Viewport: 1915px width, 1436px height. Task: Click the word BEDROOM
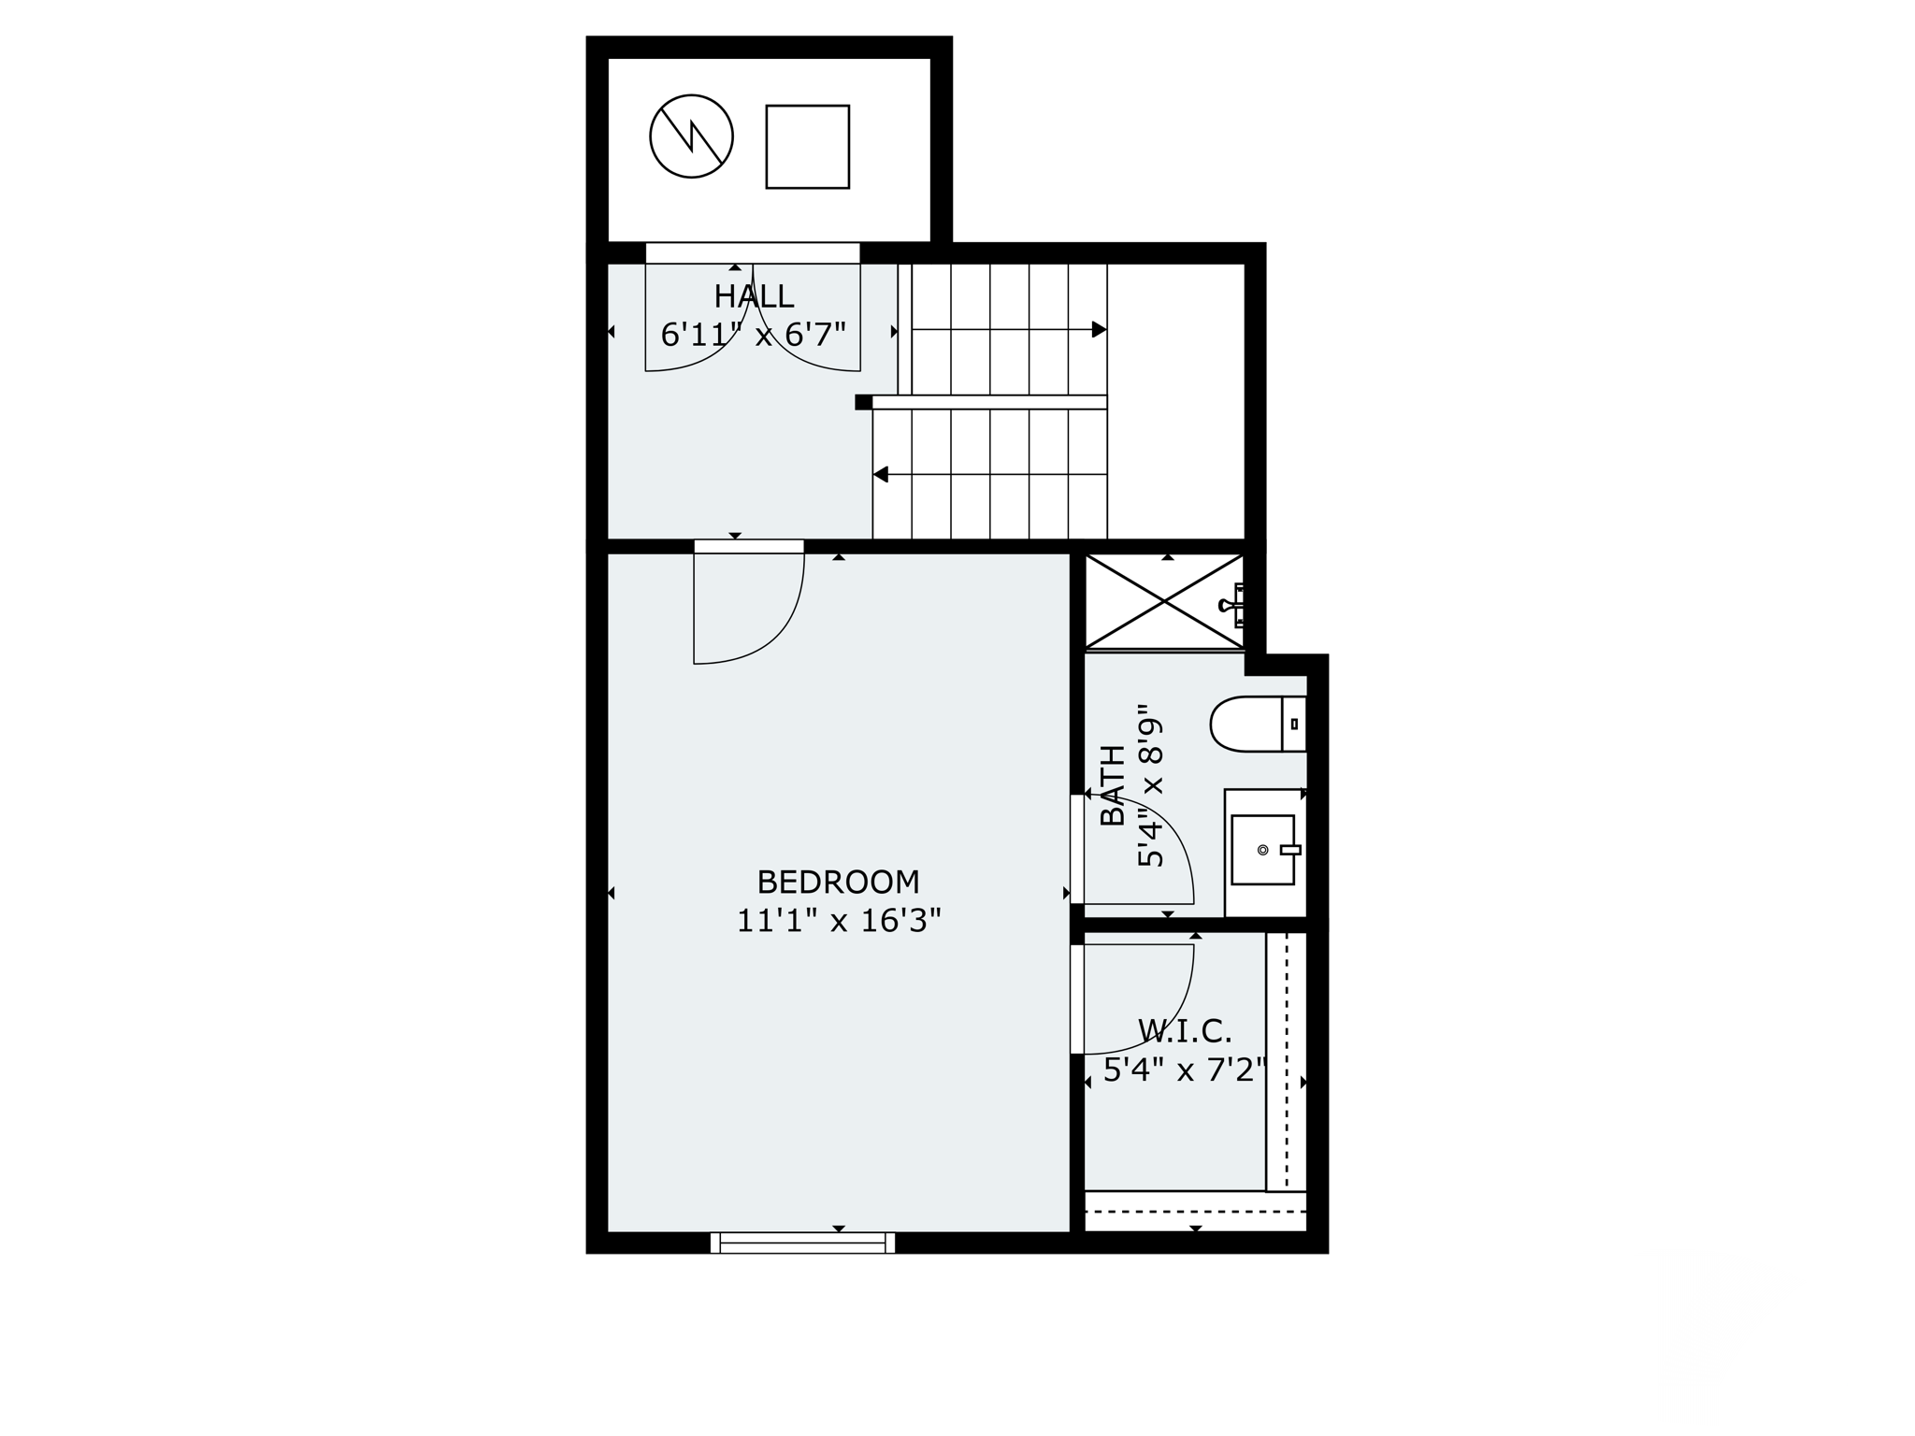pos(838,882)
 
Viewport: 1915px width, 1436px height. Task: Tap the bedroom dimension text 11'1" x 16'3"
pos(838,922)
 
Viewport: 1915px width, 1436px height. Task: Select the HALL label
pos(754,296)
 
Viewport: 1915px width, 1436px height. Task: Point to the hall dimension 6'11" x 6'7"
pos(754,334)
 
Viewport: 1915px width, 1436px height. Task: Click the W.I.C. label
pos(1185,1031)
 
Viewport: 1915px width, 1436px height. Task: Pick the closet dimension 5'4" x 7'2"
pos(1185,1070)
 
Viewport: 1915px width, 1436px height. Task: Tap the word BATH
pos(1113,785)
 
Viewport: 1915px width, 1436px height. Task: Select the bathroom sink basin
pos(1262,850)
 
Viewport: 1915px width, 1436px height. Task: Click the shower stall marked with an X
pos(1163,601)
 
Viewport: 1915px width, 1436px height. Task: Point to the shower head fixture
pos(1233,605)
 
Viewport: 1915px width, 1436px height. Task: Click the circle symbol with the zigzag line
pos(691,136)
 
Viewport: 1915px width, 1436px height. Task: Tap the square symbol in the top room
pos(807,147)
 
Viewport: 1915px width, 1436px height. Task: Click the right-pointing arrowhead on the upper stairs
pos(1099,329)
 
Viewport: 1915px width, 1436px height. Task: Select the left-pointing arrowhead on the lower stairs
pos(881,475)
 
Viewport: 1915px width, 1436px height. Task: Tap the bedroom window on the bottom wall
pos(802,1242)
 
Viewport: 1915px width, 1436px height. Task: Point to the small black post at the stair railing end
pos(863,402)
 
